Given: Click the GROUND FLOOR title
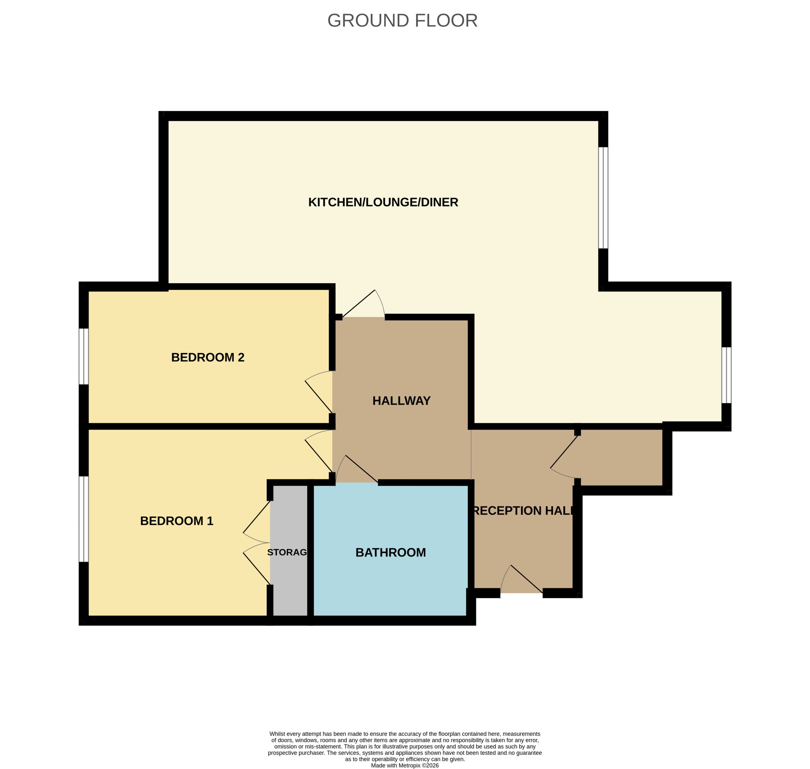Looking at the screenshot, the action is [402, 21].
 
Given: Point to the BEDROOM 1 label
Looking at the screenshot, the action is [177, 521].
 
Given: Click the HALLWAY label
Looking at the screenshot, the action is [401, 401].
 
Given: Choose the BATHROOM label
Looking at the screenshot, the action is [391, 553].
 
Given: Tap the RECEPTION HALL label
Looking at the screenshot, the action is [523, 511].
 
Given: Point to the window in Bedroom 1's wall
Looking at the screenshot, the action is [83, 519].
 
